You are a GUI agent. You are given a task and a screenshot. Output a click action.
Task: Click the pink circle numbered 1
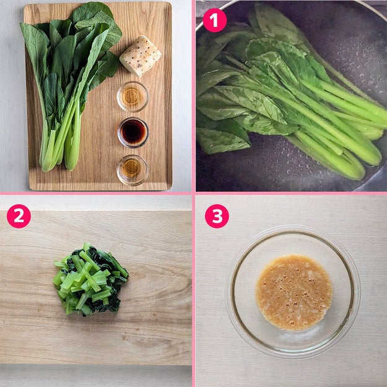click(x=215, y=20)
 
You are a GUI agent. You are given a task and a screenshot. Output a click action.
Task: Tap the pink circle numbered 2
click(x=19, y=216)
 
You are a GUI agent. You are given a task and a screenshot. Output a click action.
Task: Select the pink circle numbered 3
click(x=217, y=216)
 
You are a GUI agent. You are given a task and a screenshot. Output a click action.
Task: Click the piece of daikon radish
click(x=140, y=56)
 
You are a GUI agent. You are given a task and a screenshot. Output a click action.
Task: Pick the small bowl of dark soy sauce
click(x=133, y=133)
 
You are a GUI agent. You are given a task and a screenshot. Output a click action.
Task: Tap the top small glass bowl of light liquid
click(x=133, y=96)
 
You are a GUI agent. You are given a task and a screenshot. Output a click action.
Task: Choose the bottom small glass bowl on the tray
click(x=133, y=170)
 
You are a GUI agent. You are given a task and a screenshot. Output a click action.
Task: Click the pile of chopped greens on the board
click(x=90, y=280)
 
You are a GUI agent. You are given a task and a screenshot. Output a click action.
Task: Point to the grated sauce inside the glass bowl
click(x=294, y=292)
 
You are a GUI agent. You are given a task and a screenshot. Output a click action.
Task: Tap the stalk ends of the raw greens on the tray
click(x=59, y=158)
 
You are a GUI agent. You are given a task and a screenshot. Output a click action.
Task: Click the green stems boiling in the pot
click(x=341, y=128)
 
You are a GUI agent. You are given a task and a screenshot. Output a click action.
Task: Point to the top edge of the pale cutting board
click(x=96, y=211)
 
